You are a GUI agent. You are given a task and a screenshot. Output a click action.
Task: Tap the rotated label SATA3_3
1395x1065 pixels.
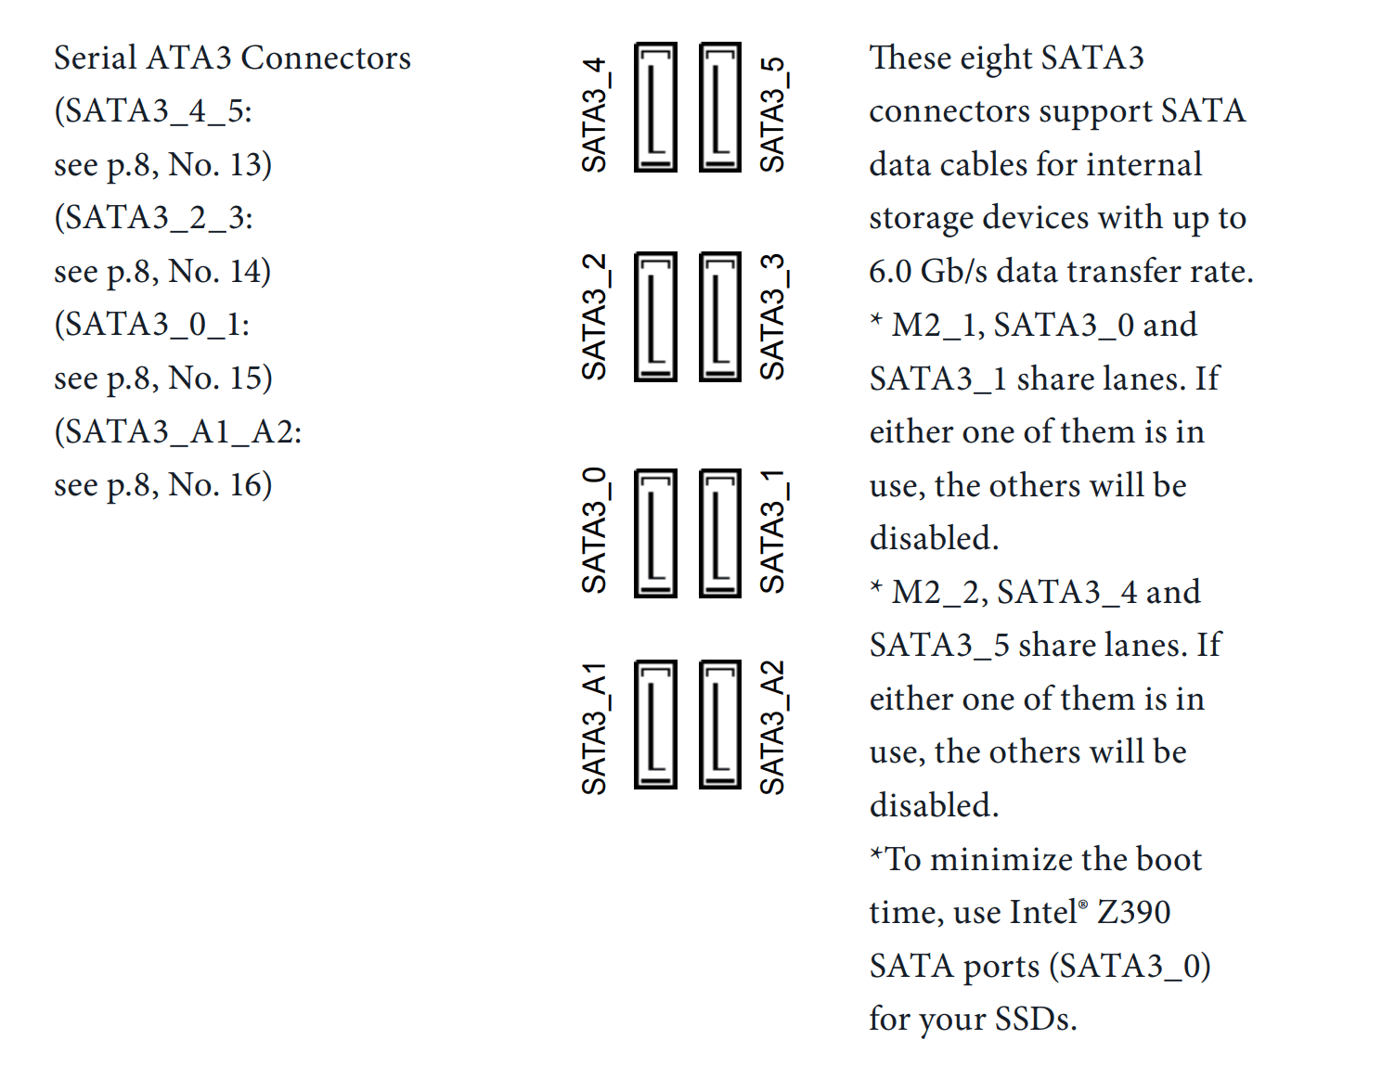point(773,317)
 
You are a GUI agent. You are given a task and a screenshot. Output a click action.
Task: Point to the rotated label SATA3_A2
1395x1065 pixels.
point(773,728)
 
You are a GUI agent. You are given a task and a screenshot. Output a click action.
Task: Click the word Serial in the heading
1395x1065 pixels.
point(95,58)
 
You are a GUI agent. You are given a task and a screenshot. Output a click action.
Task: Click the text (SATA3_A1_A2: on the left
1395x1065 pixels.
point(178,432)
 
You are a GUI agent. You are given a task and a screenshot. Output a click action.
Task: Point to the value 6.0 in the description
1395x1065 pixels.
point(890,272)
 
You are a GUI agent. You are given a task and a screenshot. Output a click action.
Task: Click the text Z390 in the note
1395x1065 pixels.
point(1134,913)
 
